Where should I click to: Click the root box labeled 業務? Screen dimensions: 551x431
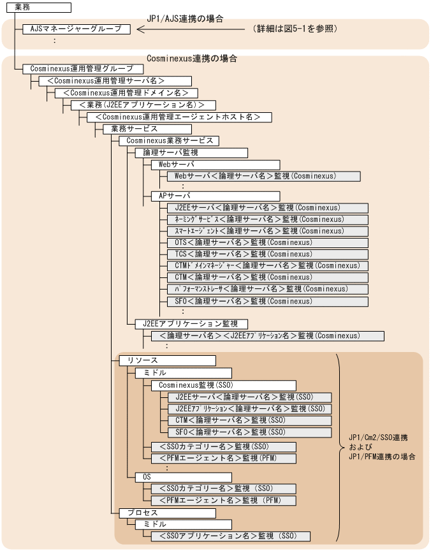point(36,7)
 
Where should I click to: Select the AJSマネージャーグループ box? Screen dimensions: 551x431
point(77,29)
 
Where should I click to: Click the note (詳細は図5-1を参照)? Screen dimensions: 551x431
point(294,29)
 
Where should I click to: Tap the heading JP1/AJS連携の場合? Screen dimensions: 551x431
point(186,18)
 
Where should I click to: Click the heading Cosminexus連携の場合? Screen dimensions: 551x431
point(191,59)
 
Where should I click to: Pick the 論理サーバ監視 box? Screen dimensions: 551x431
point(191,153)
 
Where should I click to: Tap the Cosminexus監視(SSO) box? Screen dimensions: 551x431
point(223,385)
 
